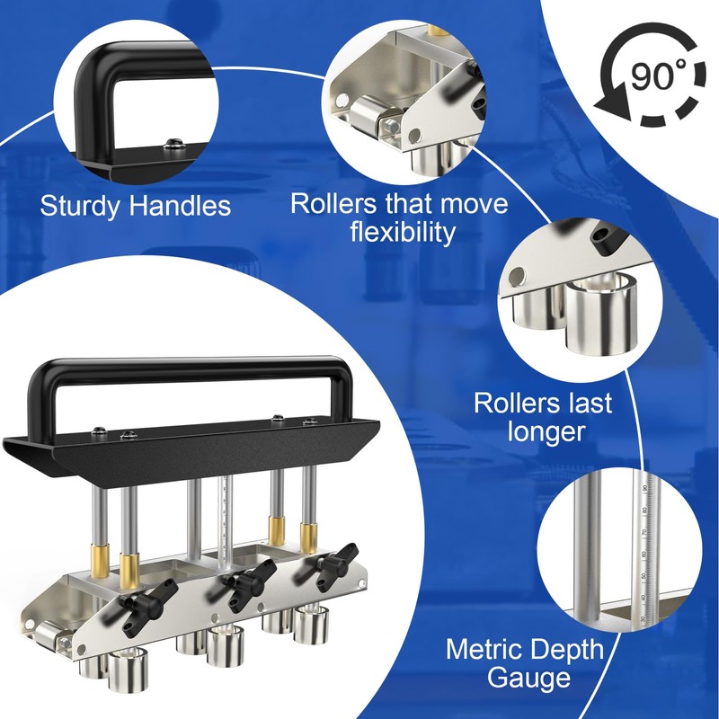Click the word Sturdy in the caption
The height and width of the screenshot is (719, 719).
pos(80,206)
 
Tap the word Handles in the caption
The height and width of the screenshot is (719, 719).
pos(179,205)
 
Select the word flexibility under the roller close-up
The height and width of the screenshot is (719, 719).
pos(403,232)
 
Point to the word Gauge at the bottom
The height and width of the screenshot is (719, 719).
pos(528,678)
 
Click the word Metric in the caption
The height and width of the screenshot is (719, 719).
pos(489,649)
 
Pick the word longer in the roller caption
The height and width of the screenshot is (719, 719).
pos(546,431)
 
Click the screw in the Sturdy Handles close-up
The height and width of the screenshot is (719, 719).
pos(174,144)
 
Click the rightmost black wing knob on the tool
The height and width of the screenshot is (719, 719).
pos(333,562)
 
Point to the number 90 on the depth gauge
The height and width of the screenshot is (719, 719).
pos(644,490)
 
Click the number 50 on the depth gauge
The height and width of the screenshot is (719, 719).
pos(644,575)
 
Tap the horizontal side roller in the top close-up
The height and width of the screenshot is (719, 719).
pos(366,116)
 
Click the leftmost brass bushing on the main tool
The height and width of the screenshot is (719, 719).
pos(100,560)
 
